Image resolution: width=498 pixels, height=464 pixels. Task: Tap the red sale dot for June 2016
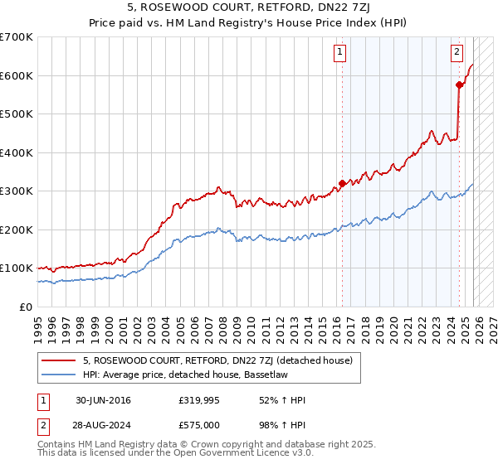[341, 184]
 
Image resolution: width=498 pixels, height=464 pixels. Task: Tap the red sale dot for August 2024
[459, 85]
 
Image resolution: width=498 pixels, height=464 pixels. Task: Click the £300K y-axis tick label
[17, 191]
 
